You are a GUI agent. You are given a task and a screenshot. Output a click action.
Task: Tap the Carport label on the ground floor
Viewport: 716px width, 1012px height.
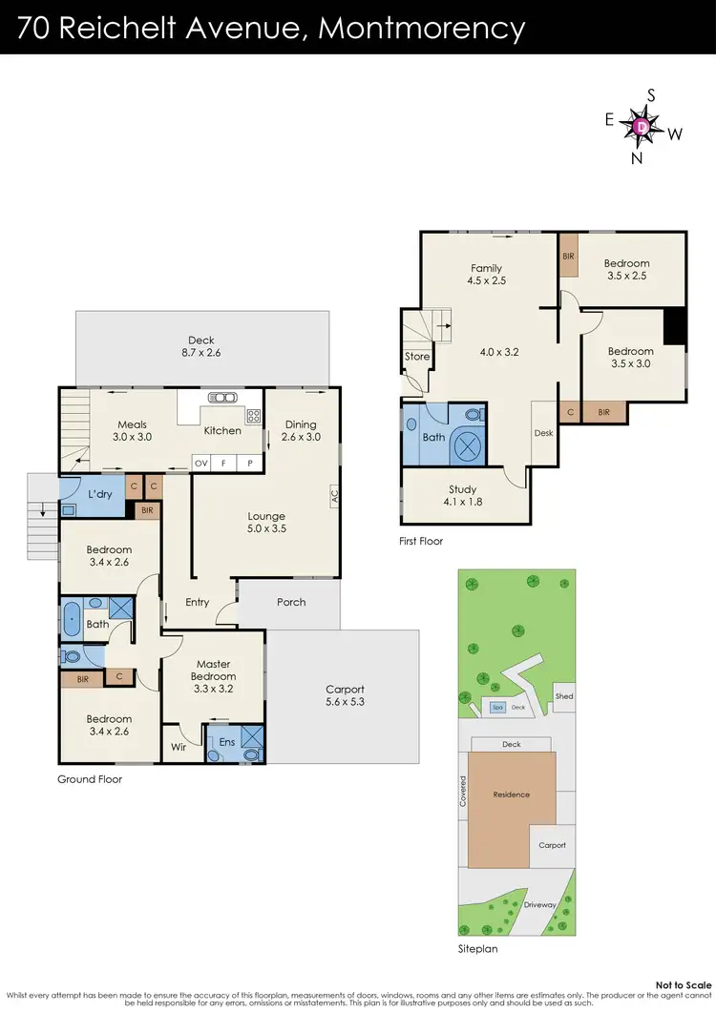pyautogui.click(x=345, y=690)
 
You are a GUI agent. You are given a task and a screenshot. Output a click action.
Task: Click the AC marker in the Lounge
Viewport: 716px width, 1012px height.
pyautogui.click(x=334, y=497)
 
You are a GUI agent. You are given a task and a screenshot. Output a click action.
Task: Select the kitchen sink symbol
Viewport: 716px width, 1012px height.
pyautogui.click(x=222, y=398)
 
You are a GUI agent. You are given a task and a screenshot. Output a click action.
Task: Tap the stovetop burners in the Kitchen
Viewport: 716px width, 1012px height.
pyautogui.click(x=254, y=416)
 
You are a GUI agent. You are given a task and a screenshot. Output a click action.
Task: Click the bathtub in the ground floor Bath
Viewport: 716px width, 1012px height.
pyautogui.click(x=72, y=618)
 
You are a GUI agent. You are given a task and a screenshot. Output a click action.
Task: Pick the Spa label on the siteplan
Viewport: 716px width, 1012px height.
pyautogui.click(x=496, y=707)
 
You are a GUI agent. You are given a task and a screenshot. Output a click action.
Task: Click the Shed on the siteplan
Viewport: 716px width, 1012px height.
pyautogui.click(x=564, y=696)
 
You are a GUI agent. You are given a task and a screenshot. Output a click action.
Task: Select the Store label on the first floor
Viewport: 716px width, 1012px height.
pyautogui.click(x=417, y=357)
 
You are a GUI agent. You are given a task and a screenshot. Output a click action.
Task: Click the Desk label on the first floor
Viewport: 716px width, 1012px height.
pyautogui.click(x=542, y=432)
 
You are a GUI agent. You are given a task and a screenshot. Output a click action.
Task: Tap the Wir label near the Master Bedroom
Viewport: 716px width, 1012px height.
pyautogui.click(x=179, y=747)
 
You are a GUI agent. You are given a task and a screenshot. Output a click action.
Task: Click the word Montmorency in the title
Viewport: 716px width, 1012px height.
pyautogui.click(x=421, y=29)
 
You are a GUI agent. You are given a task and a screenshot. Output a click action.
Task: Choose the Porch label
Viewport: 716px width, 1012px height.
pyautogui.click(x=291, y=602)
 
